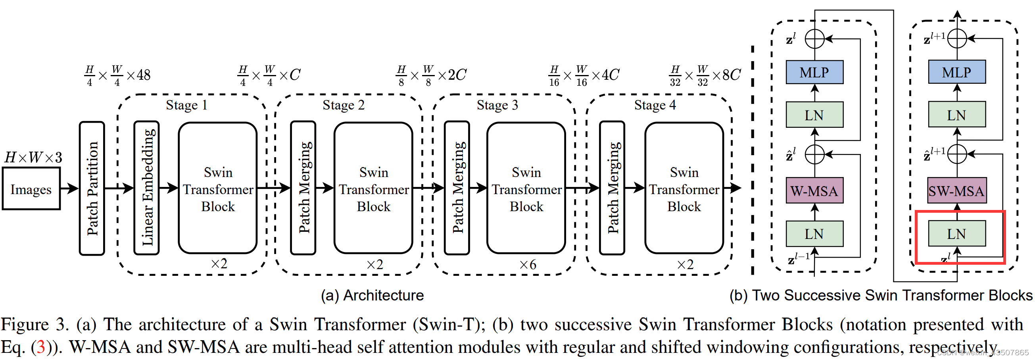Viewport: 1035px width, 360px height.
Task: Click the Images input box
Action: coord(31,189)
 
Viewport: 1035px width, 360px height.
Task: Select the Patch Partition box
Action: coord(92,188)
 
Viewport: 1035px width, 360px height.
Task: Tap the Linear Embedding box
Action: coord(147,188)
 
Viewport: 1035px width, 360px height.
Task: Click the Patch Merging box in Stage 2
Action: coord(303,188)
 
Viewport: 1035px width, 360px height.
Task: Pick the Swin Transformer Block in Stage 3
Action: coord(526,188)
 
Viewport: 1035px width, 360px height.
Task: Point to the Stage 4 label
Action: coord(655,105)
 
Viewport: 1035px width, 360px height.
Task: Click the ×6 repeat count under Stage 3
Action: coord(528,264)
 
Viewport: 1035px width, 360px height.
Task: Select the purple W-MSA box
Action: coord(814,191)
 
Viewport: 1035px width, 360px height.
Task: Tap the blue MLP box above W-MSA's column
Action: coord(814,72)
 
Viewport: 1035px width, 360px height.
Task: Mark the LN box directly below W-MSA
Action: coord(814,234)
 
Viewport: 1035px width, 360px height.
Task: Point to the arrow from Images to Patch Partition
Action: coord(69,188)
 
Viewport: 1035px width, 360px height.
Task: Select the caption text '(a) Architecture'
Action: coord(372,295)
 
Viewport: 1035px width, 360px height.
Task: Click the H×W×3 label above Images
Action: coord(33,157)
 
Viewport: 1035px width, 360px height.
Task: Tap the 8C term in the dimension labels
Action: coord(731,75)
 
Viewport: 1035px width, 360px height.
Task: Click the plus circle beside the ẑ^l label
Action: coord(814,154)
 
